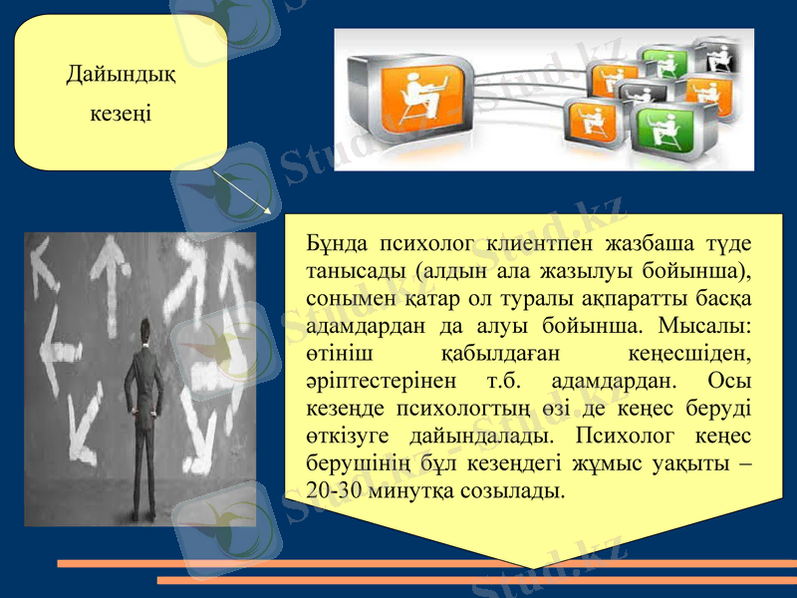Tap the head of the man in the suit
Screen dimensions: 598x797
[146, 330]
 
